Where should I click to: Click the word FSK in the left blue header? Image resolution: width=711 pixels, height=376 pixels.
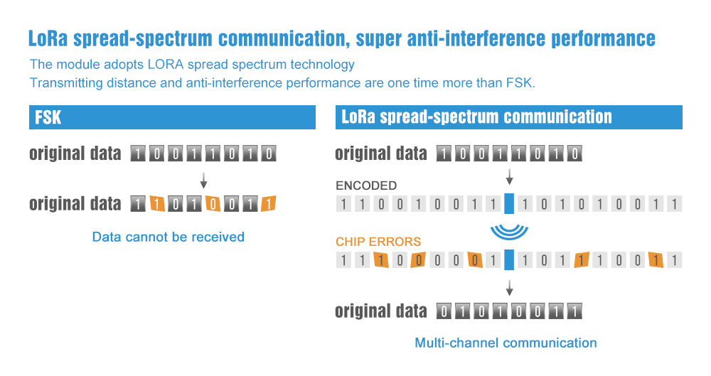tap(48, 117)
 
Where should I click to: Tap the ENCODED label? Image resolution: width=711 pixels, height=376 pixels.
tap(366, 186)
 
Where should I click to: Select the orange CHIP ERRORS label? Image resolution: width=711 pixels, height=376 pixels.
tap(378, 242)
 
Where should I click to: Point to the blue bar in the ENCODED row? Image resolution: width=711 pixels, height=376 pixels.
tap(509, 203)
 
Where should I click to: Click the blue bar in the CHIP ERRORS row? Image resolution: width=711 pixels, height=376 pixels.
tap(509, 259)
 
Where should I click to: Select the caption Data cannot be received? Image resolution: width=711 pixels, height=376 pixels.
tap(169, 237)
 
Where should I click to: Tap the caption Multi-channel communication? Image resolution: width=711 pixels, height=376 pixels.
tap(506, 343)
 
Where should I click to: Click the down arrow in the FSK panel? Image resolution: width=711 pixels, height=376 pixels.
tap(203, 181)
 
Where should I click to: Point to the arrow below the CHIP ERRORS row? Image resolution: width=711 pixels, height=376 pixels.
tap(509, 288)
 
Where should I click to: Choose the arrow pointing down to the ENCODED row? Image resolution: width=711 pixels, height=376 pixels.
tap(509, 176)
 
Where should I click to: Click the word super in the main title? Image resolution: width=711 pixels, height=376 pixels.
tap(378, 39)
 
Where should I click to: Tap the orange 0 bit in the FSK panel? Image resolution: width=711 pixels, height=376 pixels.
tap(213, 204)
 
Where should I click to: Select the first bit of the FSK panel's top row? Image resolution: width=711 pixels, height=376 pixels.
tap(138, 154)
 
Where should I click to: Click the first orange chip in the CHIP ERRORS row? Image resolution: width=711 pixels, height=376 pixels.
tap(381, 260)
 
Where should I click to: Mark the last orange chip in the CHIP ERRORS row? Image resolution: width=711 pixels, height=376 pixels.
tap(656, 260)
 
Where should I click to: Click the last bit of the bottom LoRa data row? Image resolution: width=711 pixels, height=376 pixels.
tap(574, 311)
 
